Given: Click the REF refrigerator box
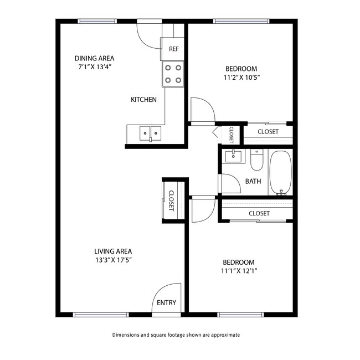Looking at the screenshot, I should point(173,49).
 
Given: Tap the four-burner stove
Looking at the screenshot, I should point(173,74).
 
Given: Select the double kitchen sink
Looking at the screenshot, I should point(150,132).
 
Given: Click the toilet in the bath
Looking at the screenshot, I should point(256,161).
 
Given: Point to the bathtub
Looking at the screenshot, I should point(280,172).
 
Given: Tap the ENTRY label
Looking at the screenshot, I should point(166,303).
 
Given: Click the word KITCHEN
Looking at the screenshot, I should point(143,100).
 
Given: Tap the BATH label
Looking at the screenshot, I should point(253,181).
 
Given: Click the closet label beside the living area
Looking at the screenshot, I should point(171,200).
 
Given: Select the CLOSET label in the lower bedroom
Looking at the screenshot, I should point(259,213).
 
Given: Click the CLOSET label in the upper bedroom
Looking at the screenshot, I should point(268,132).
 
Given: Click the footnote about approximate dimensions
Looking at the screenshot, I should point(176,335).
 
